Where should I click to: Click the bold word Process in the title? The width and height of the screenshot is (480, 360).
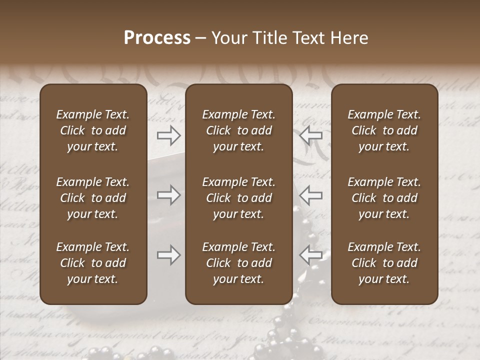coord(157,38)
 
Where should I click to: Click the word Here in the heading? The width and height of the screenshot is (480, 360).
coord(350,38)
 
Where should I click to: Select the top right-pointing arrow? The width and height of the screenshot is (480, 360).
coord(168,135)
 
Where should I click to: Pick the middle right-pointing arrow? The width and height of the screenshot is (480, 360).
coord(168,195)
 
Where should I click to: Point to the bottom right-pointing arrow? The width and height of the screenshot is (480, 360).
coord(168,255)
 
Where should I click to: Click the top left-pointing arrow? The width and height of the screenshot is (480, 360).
coord(311,135)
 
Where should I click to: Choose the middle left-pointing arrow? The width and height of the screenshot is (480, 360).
coord(311,195)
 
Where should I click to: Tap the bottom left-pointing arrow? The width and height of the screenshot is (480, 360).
coord(311,255)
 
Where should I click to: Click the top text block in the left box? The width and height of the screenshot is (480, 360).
coord(93,130)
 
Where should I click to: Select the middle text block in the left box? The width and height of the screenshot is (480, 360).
coord(93,198)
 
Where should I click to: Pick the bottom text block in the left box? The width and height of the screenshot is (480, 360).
coord(93,263)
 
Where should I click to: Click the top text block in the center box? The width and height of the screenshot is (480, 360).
coord(239,130)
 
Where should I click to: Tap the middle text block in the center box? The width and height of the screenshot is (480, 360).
coord(239,198)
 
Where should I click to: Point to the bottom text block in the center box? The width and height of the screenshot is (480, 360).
coord(239,263)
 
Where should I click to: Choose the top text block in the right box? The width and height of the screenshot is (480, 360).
coord(384,130)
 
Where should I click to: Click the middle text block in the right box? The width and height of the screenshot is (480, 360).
coord(384,198)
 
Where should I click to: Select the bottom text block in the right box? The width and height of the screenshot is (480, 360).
coord(384,263)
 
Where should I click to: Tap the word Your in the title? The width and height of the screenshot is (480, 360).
coord(228,38)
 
